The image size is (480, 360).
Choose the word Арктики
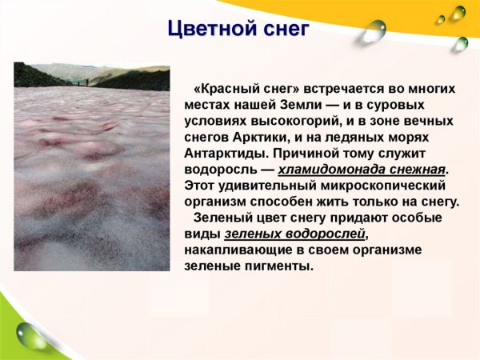pos(261,137)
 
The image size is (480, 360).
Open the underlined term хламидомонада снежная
pos(362,170)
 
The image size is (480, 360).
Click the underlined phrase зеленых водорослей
pos(296,234)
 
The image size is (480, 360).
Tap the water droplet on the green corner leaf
pos(33,334)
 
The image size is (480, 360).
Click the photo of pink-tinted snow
pos(91,176)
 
